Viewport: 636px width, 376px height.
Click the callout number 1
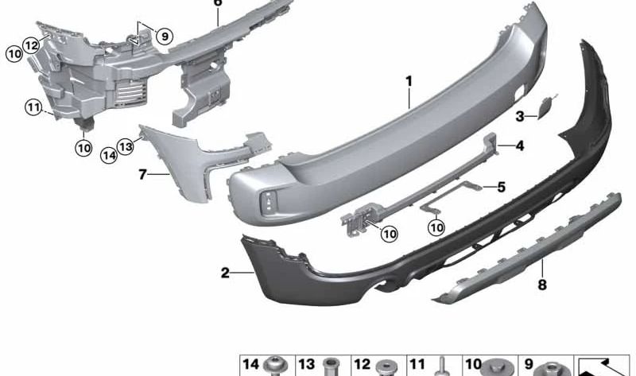pyautogui.click(x=409, y=81)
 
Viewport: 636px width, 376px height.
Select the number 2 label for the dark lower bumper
pyautogui.click(x=225, y=273)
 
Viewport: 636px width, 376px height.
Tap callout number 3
pyautogui.click(x=520, y=117)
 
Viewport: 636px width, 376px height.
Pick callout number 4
pyautogui.click(x=520, y=145)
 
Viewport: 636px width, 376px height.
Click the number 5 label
pyautogui.click(x=502, y=187)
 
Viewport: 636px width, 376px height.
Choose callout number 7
pyautogui.click(x=142, y=174)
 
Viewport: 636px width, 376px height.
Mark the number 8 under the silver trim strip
pyautogui.click(x=542, y=285)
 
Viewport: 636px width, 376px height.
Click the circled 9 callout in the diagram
pyautogui.click(x=165, y=37)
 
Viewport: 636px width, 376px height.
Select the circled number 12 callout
pyautogui.click(x=31, y=45)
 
